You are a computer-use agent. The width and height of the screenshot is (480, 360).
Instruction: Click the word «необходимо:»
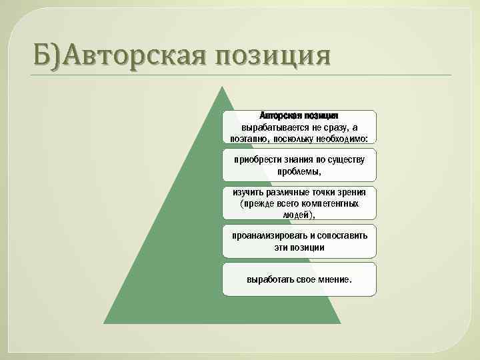tap(348, 138)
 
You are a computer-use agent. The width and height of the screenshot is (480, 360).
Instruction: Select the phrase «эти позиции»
tap(299, 247)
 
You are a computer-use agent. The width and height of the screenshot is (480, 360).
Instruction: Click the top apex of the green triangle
tap(222, 87)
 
